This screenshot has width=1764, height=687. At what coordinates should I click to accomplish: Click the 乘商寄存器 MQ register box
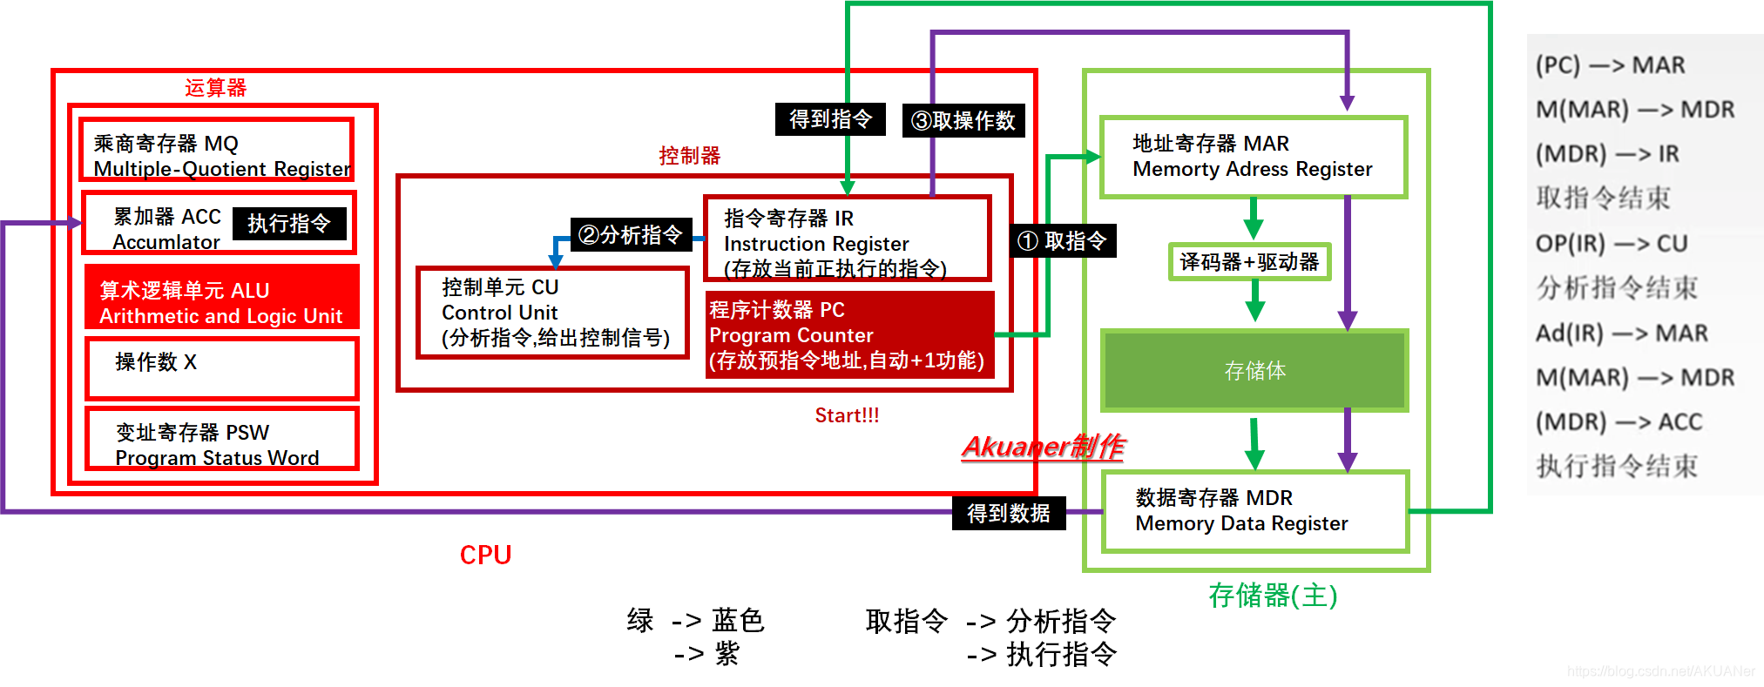click(x=216, y=150)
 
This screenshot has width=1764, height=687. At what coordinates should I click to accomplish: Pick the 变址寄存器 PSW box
click(x=221, y=438)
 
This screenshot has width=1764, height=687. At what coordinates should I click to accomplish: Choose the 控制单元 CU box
click(x=552, y=313)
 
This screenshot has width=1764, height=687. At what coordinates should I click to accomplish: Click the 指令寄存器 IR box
click(x=847, y=238)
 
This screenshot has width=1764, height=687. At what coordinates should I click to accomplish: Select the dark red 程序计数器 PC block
click(x=849, y=335)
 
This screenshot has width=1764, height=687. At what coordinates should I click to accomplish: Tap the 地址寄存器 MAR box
click(x=1253, y=157)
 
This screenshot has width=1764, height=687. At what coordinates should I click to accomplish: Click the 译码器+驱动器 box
click(x=1249, y=262)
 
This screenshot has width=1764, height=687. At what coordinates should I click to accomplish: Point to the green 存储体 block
click(x=1254, y=370)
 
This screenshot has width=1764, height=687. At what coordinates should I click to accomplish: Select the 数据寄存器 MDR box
click(x=1254, y=511)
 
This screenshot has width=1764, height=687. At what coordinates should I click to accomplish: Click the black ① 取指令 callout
click(x=1063, y=241)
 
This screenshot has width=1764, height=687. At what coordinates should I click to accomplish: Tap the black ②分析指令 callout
click(x=631, y=235)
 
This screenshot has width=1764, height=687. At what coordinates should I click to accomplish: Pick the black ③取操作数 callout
click(x=963, y=120)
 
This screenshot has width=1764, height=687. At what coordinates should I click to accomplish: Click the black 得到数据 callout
click(x=1008, y=514)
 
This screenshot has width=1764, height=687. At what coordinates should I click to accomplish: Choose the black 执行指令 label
click(x=289, y=224)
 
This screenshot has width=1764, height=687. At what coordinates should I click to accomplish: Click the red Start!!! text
click(x=847, y=416)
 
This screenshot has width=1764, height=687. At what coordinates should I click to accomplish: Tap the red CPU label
click(x=485, y=556)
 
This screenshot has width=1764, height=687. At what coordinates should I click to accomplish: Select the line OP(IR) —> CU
click(x=1611, y=244)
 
